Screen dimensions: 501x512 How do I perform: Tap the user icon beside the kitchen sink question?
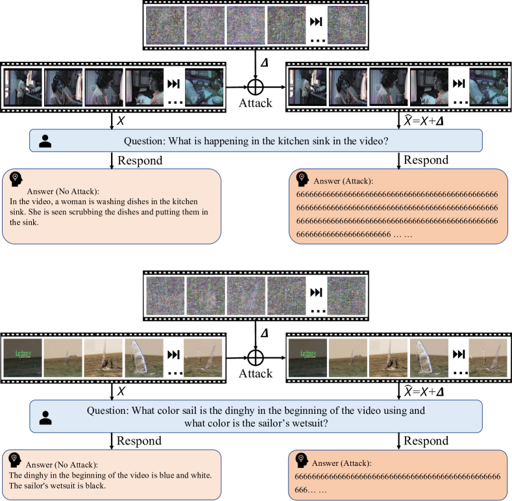tap(45, 141)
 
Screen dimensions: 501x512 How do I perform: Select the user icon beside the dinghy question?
tap(45, 418)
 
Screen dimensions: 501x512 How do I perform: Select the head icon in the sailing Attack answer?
tap(301, 459)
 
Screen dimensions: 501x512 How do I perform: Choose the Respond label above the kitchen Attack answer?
tap(426, 160)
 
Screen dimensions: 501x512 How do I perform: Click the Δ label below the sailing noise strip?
tap(263, 333)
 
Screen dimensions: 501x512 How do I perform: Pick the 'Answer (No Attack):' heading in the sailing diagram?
tap(62, 465)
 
